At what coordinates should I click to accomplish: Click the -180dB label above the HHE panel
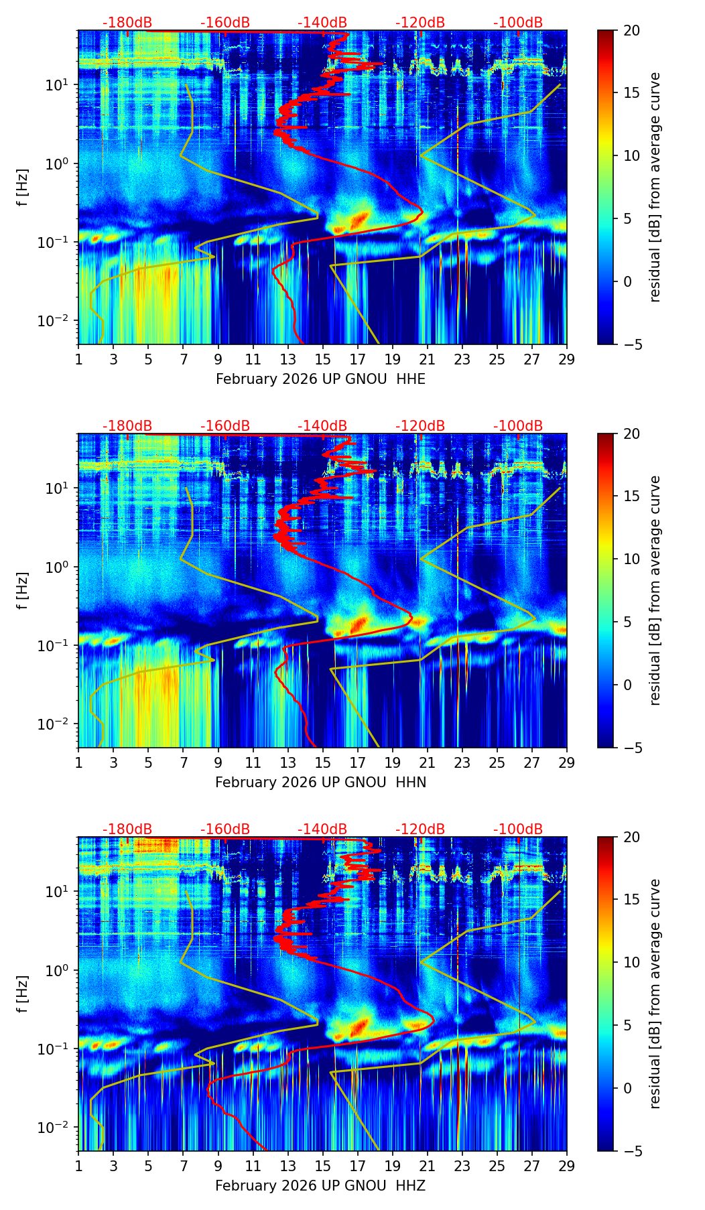coord(127,23)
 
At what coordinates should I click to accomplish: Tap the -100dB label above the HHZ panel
coord(518,829)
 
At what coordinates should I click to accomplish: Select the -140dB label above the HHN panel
coord(322,426)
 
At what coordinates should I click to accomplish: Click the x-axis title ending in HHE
coord(320,379)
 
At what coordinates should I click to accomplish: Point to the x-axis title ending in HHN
coord(320,783)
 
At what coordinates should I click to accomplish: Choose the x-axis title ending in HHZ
coord(320,1186)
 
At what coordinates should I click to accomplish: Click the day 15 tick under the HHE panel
coord(322,359)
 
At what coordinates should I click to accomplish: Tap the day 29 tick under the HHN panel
coord(566,762)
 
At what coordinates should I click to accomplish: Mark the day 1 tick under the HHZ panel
coord(78,1166)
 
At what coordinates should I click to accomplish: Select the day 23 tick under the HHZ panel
coord(462,1166)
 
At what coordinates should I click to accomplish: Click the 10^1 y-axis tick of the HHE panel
coord(59,85)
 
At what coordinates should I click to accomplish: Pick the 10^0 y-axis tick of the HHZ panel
coord(59,970)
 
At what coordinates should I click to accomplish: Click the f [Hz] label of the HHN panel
coord(23,590)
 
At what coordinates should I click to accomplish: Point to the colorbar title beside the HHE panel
coord(655,187)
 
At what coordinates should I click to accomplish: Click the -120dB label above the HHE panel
coord(420,23)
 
